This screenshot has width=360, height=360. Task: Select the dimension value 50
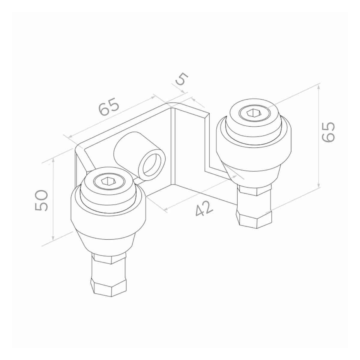click(x=41, y=200)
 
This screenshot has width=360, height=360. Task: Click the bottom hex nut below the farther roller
click(x=255, y=220)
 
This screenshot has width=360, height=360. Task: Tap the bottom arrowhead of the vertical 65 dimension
click(x=319, y=185)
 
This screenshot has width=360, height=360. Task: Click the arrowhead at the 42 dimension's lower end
click(x=165, y=209)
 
